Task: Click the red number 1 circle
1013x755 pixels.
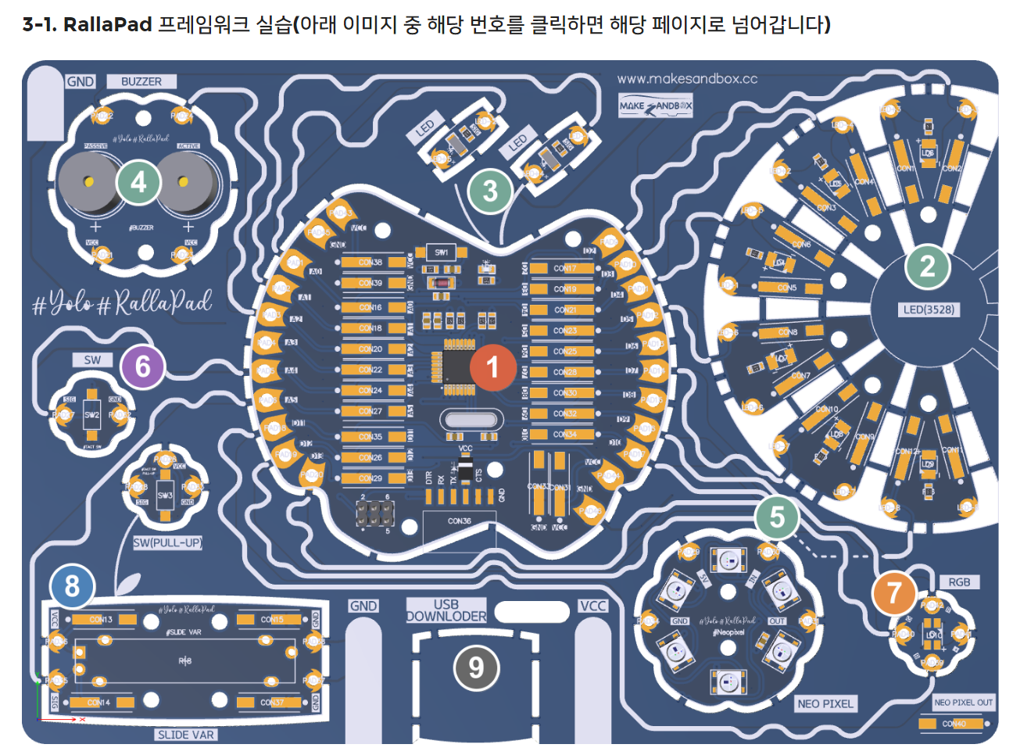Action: pyautogui.click(x=492, y=367)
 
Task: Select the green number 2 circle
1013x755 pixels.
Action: pyautogui.click(x=928, y=267)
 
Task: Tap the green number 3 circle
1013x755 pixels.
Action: pyautogui.click(x=490, y=190)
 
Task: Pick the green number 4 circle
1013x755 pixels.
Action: pyautogui.click(x=138, y=182)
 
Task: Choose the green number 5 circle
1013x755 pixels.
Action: pyautogui.click(x=777, y=517)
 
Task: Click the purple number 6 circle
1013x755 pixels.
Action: pyautogui.click(x=142, y=367)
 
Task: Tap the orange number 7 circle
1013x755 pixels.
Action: pyautogui.click(x=894, y=592)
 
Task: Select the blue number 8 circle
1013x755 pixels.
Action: pyautogui.click(x=72, y=586)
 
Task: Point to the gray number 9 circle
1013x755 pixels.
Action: pyautogui.click(x=476, y=668)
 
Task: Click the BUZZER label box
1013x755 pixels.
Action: pyautogui.click(x=141, y=81)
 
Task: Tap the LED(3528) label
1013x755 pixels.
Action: pyautogui.click(x=929, y=310)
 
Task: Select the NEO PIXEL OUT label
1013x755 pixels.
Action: pyautogui.click(x=963, y=703)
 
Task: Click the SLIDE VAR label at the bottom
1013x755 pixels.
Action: pyautogui.click(x=185, y=735)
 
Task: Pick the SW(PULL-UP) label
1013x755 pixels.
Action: pyautogui.click(x=167, y=542)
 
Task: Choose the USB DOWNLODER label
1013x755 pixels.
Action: pyautogui.click(x=446, y=610)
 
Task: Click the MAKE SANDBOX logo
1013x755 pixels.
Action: pyautogui.click(x=656, y=106)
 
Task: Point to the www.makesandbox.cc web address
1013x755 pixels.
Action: pyautogui.click(x=687, y=78)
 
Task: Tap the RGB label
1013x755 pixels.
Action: pyautogui.click(x=959, y=582)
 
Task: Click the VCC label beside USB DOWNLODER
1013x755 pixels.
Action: pyautogui.click(x=593, y=606)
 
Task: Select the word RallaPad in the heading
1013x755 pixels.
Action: pyautogui.click(x=107, y=24)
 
